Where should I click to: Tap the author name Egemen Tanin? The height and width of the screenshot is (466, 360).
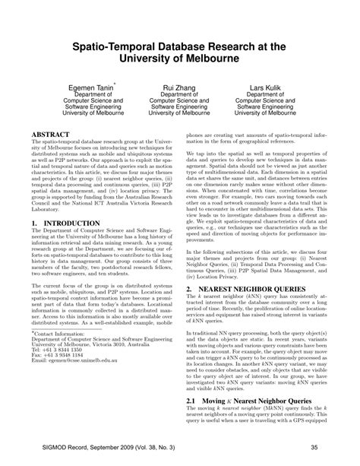(89, 88)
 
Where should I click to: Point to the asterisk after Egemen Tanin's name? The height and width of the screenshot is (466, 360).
(115, 84)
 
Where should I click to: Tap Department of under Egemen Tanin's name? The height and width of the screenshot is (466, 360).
(89, 97)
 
